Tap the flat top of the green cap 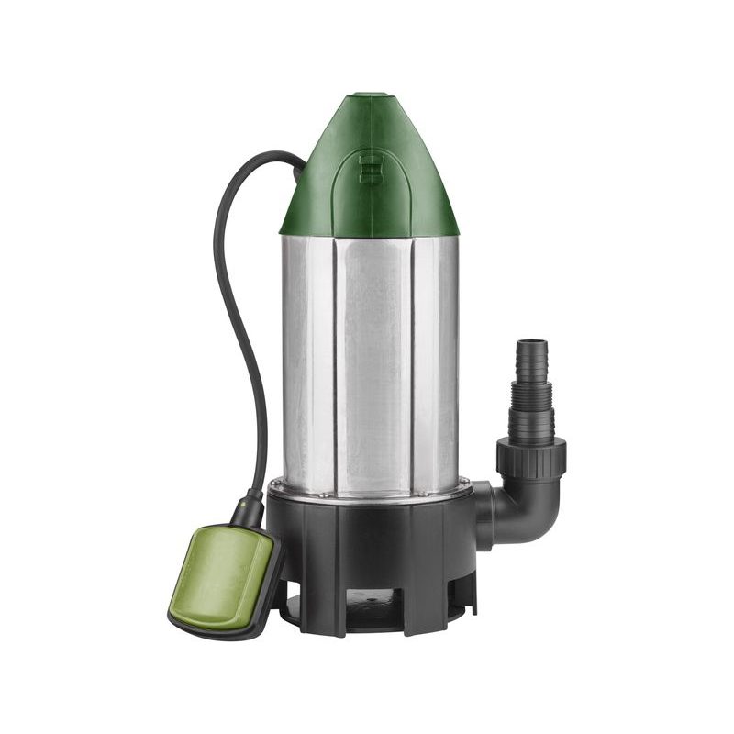point(370,95)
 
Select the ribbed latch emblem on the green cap point(371,169)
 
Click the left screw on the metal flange point(272,484)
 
